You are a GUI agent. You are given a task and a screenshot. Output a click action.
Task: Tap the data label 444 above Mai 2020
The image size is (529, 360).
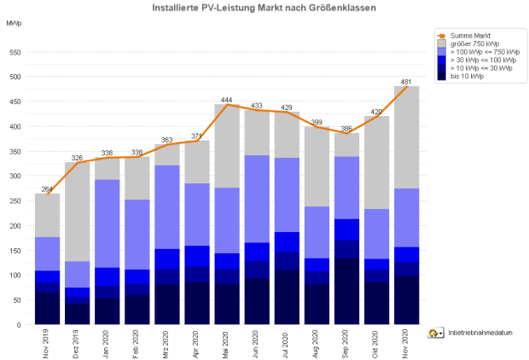tap(227, 100)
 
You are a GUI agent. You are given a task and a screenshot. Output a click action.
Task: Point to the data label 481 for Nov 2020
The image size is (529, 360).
tap(407, 83)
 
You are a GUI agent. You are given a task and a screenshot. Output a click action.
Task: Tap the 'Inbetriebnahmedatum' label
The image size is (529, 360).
tap(480, 334)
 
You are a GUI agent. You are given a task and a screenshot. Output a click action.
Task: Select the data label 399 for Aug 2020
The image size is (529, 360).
tap(316, 123)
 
